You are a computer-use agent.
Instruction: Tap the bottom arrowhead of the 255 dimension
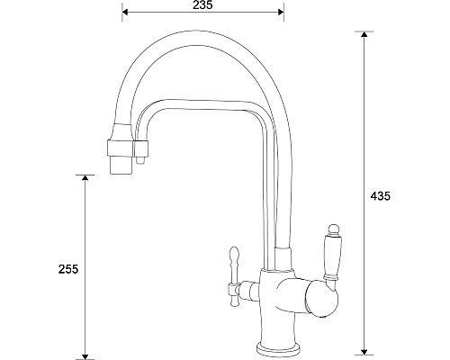click(86, 352)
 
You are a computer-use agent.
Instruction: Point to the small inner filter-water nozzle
click(141, 163)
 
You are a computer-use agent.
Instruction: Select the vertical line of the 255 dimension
click(86, 225)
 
